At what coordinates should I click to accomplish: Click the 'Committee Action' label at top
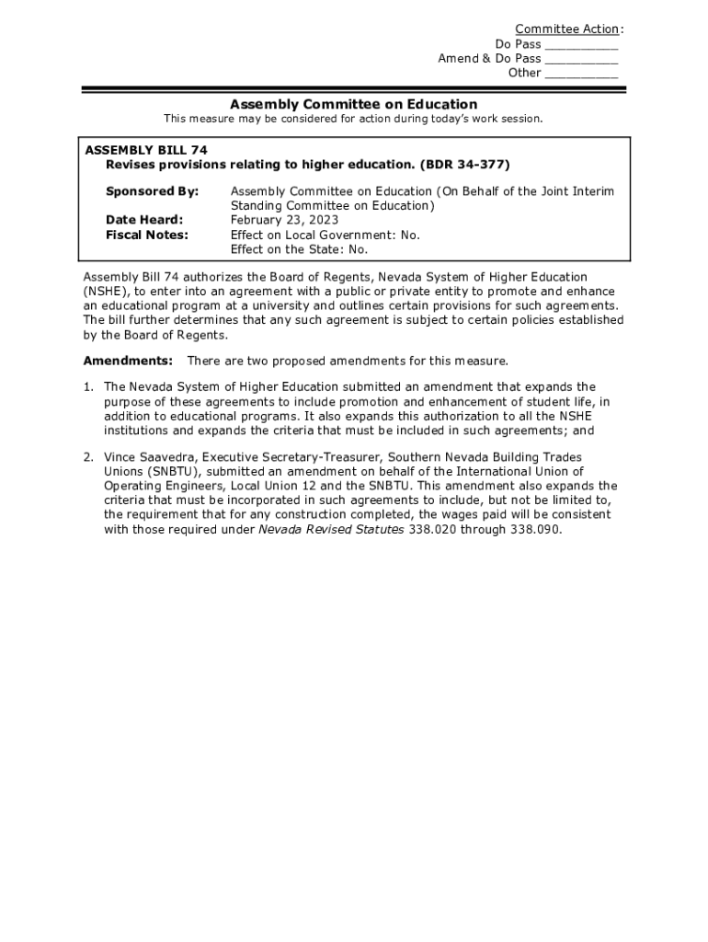pos(566,29)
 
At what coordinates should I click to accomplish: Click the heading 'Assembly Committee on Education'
pos(353,104)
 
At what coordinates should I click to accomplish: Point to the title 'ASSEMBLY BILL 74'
pos(146,149)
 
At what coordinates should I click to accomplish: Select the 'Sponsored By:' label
pos(152,191)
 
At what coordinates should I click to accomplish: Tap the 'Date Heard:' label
pos(144,220)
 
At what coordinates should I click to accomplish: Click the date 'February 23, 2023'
pos(284,220)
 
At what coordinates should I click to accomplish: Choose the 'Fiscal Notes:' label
pos(147,235)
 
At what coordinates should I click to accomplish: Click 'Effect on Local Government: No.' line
pos(325,235)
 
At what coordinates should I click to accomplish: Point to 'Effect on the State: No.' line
pos(299,249)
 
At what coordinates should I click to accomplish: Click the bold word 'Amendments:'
pos(128,361)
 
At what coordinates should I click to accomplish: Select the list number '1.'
pos(88,386)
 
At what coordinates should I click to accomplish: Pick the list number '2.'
pos(88,456)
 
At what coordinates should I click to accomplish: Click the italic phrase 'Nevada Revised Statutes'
pos(331,530)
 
